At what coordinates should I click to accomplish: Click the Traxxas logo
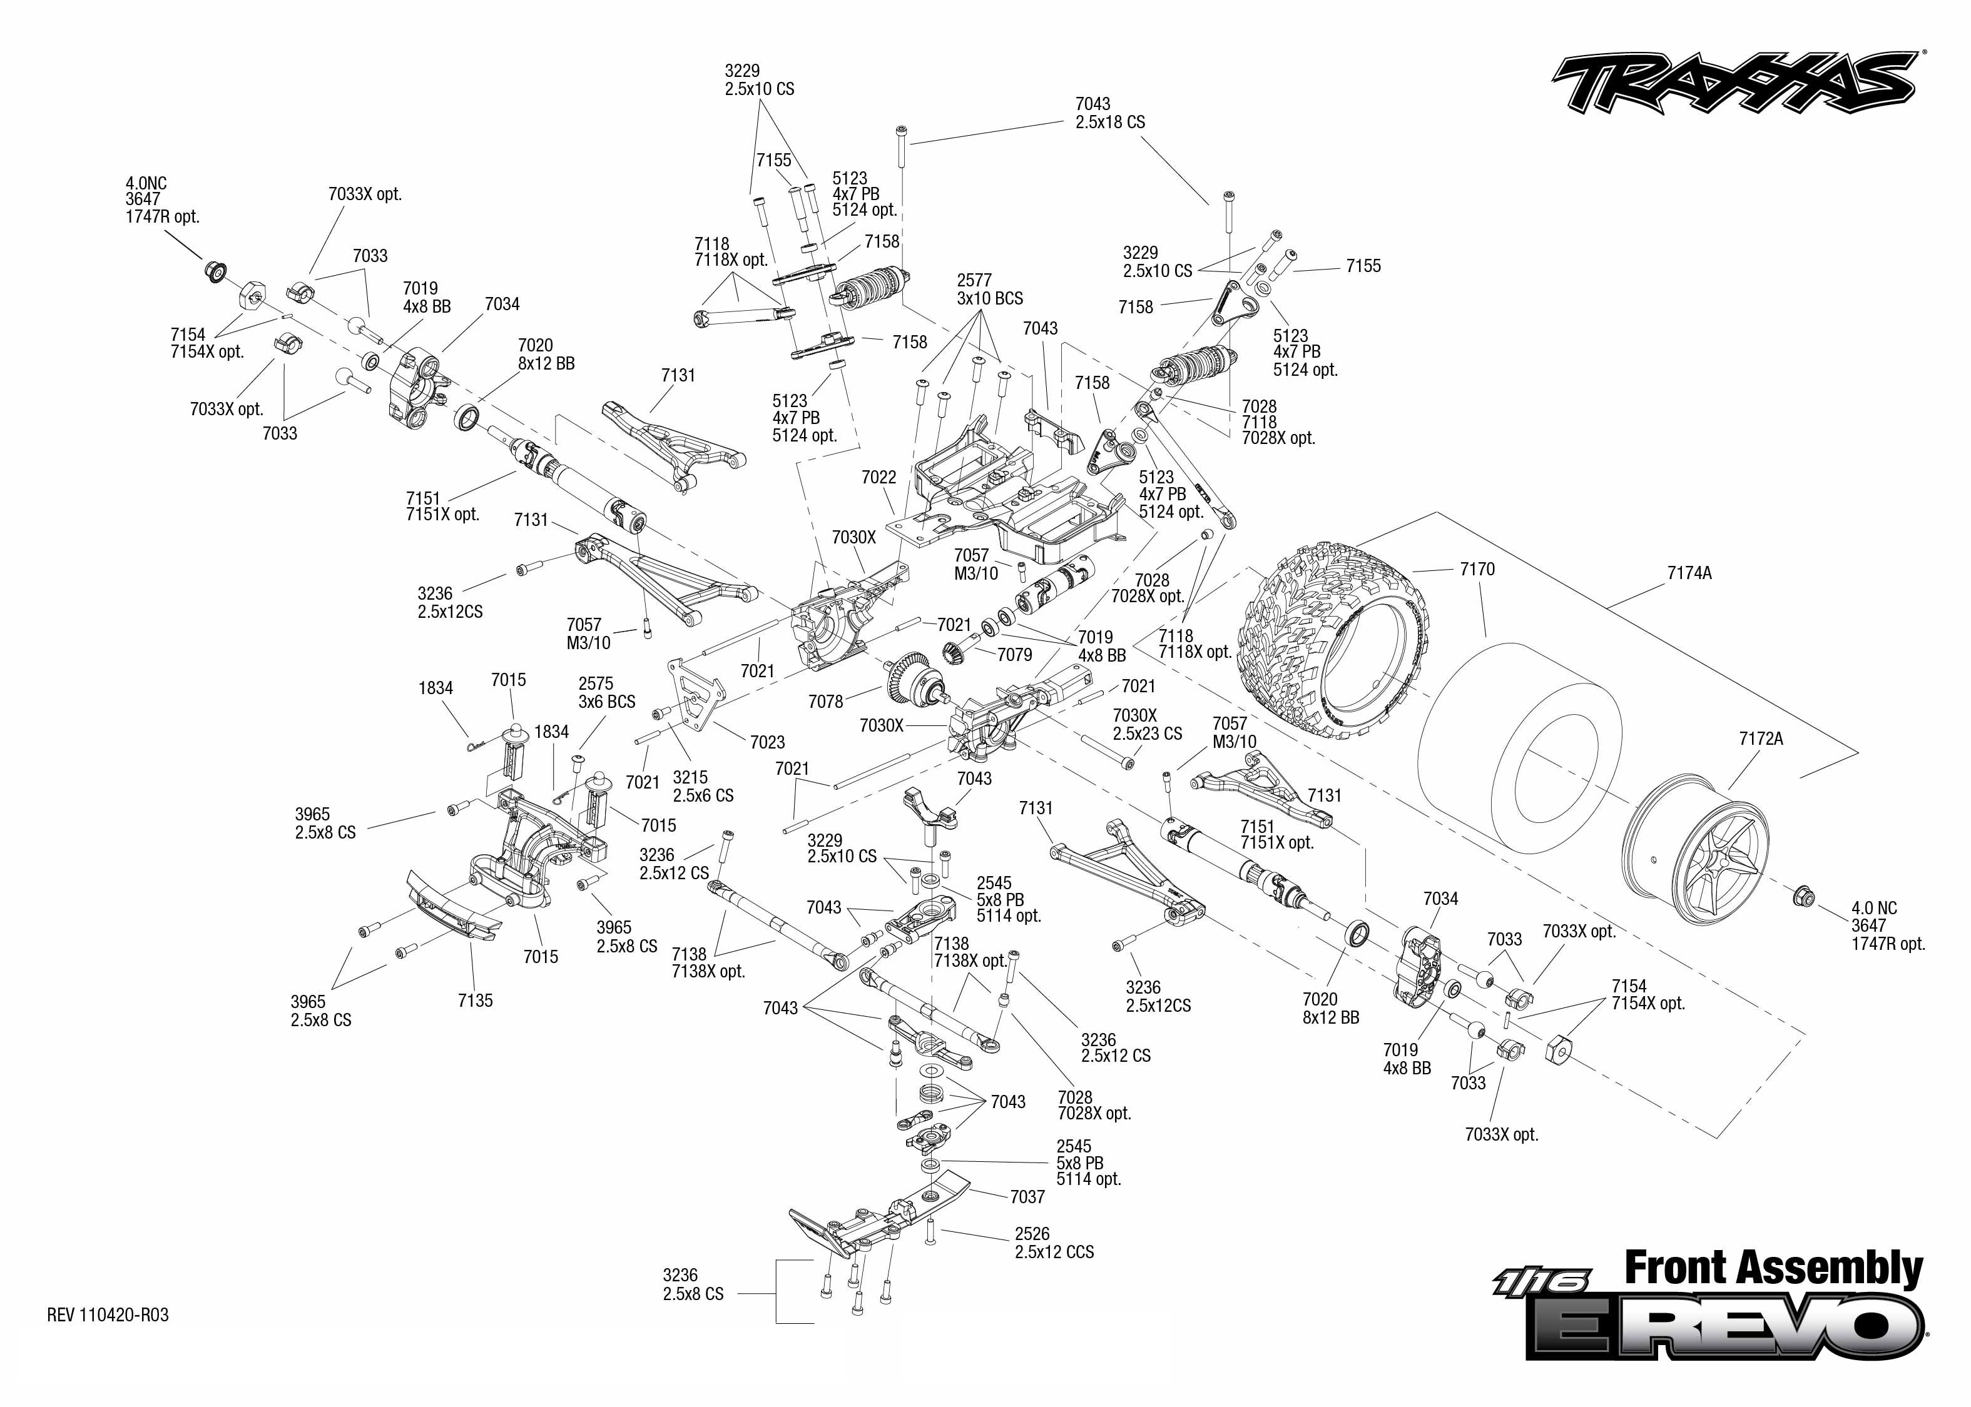click(x=1733, y=84)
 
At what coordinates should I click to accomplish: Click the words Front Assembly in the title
click(x=1773, y=1268)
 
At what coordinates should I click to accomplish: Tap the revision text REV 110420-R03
click(x=108, y=1315)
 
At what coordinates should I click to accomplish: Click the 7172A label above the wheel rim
click(x=1760, y=739)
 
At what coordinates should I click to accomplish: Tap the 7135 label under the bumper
click(x=475, y=1001)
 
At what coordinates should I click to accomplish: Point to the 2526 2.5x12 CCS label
click(x=1053, y=1243)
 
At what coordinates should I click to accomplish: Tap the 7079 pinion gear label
click(x=1014, y=655)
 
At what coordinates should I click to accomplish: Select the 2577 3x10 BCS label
click(x=989, y=290)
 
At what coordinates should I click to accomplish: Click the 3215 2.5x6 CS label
click(x=702, y=786)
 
